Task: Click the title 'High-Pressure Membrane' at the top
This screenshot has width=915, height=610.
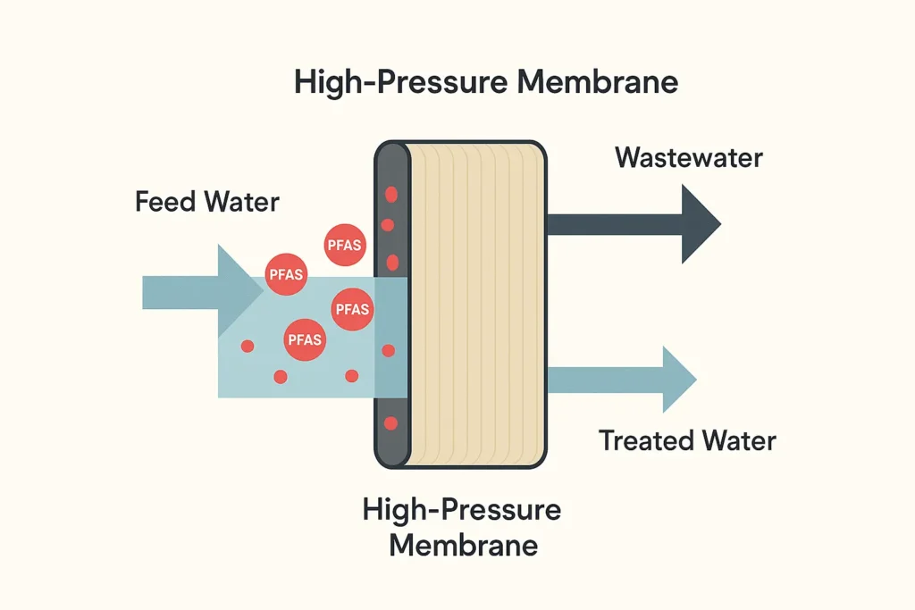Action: tap(486, 83)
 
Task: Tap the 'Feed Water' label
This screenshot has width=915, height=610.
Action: tap(206, 201)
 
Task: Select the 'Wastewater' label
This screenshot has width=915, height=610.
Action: tap(689, 158)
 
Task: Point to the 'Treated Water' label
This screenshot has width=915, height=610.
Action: tap(687, 440)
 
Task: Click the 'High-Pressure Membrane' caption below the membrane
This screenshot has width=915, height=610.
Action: tap(462, 527)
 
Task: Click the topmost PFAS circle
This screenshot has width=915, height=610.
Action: tap(345, 246)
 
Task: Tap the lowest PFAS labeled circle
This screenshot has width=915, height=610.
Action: tap(305, 339)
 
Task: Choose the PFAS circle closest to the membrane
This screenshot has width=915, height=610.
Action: tap(350, 309)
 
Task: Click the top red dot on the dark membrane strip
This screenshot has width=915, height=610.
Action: tap(390, 195)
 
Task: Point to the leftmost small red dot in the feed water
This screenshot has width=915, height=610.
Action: tap(248, 346)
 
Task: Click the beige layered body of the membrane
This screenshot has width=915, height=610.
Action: tap(474, 304)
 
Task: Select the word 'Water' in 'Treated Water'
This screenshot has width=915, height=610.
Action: tap(737, 440)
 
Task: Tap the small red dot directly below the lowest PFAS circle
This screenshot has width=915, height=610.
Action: tap(281, 377)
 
